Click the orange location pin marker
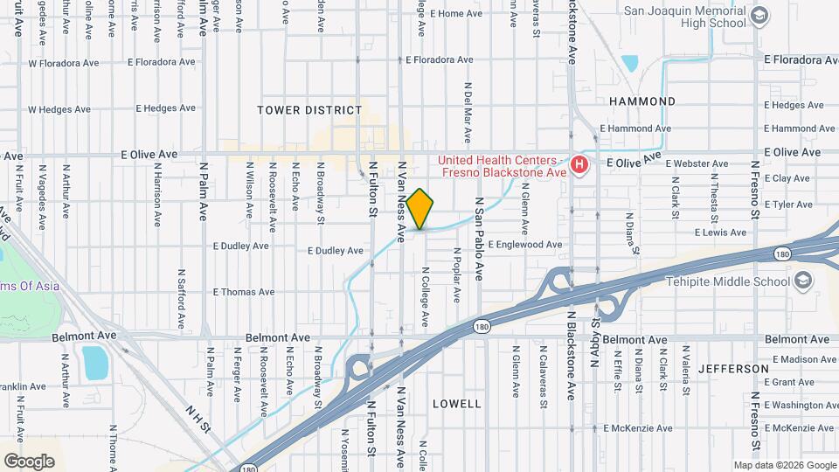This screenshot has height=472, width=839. (x=419, y=209)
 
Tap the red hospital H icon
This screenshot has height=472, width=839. (x=578, y=164)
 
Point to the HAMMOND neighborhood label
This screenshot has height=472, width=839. (x=642, y=101)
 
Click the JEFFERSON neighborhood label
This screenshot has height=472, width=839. (x=733, y=369)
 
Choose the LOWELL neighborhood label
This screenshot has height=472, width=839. (x=456, y=404)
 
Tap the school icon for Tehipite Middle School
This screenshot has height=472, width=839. (x=802, y=281)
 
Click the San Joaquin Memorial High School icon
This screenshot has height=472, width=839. (x=759, y=15)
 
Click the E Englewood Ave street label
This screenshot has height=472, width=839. (x=524, y=245)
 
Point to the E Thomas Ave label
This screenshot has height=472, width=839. (x=244, y=292)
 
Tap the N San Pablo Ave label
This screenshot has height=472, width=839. (x=479, y=238)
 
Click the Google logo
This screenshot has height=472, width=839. (x=29, y=461)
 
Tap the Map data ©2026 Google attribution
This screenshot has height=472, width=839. (x=784, y=465)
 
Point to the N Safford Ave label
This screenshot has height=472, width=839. (x=182, y=298)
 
